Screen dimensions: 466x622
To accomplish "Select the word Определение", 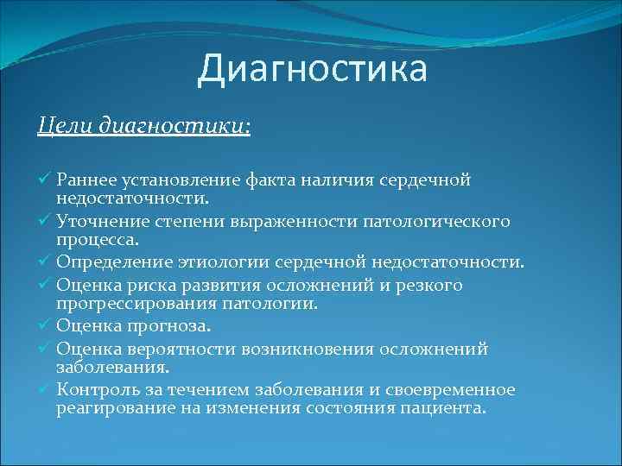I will [x=107, y=263].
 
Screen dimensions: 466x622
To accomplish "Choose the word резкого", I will [x=430, y=285].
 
